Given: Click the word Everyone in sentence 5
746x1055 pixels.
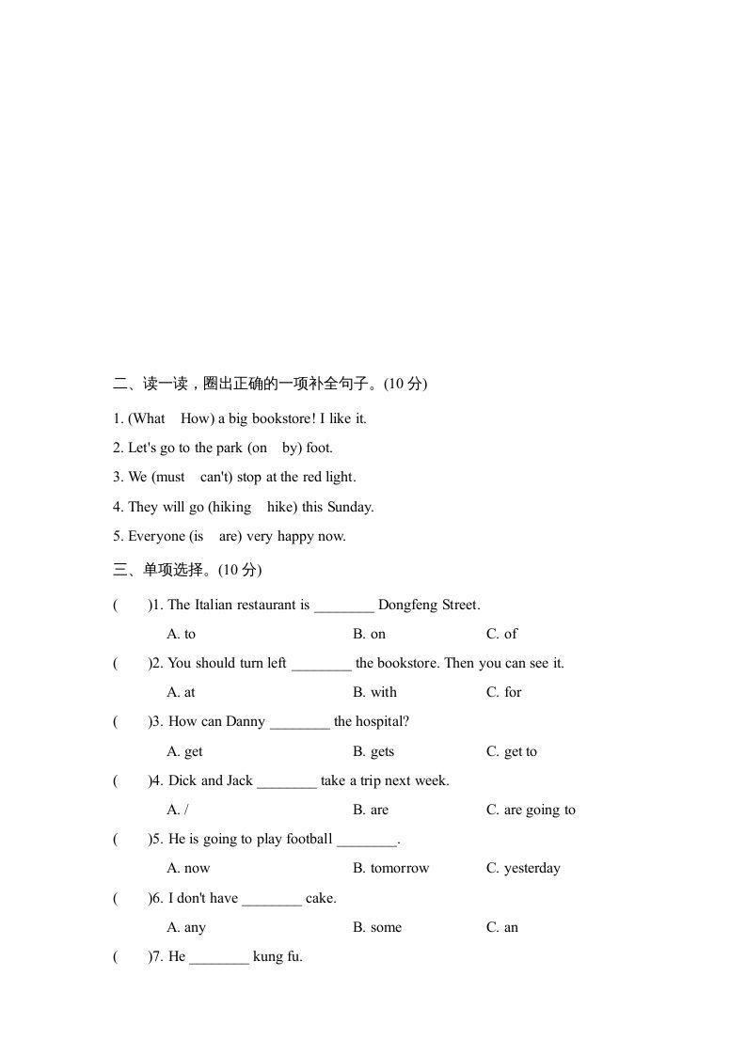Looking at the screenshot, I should pos(156,536).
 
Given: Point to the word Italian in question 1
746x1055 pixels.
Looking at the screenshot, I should pos(214,605).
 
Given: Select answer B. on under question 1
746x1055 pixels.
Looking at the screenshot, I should pos(370,634).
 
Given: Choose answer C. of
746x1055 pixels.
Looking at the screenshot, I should pos(501,634).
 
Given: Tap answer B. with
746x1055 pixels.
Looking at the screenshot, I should pos(375,692).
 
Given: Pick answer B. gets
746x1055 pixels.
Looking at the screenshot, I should pos(373,751).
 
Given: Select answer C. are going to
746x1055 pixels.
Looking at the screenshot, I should pos(531,810).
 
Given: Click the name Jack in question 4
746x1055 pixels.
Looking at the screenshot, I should pos(240,780).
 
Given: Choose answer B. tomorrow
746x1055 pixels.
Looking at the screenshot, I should pos(390,868).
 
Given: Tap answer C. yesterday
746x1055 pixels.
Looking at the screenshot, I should pos(523,868).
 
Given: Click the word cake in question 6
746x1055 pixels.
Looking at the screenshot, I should pos(320,898).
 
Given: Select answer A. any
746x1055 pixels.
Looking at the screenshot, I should pos(186,927).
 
